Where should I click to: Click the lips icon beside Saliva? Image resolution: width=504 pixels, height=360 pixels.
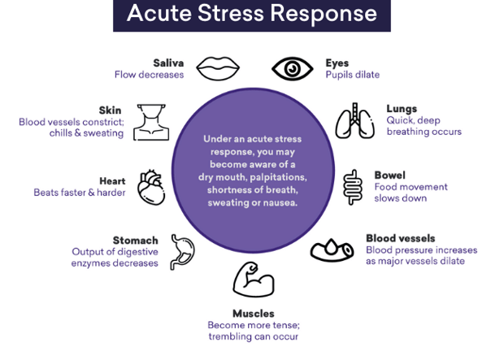coord(218,68)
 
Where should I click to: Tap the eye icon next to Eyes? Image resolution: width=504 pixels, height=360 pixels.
coord(293,68)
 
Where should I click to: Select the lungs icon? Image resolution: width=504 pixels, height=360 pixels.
coord(355,121)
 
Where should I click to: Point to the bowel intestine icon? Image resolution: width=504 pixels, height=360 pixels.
coord(353,187)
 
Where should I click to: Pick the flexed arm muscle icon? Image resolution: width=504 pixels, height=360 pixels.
coord(254,280)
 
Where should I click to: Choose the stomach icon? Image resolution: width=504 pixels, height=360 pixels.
coord(182,252)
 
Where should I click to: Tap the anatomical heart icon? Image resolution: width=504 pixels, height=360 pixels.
coord(151,188)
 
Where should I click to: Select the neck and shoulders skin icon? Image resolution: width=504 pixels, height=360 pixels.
coord(151,122)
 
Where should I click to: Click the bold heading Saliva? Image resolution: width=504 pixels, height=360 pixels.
coord(168,63)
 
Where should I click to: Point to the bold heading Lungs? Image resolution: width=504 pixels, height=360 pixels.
coord(402,109)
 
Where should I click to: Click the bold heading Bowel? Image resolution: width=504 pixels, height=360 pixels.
coord(390,176)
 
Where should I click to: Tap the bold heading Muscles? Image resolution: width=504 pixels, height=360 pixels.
coord(254,314)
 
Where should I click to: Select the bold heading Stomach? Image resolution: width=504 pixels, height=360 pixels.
coord(135,241)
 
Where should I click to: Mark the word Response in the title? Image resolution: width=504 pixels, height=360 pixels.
coord(324,14)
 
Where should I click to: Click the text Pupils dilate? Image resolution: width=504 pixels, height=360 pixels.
coord(353,75)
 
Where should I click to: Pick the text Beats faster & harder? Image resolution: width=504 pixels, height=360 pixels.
coord(80,193)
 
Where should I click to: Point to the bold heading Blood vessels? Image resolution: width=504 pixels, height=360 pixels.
coord(401,238)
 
